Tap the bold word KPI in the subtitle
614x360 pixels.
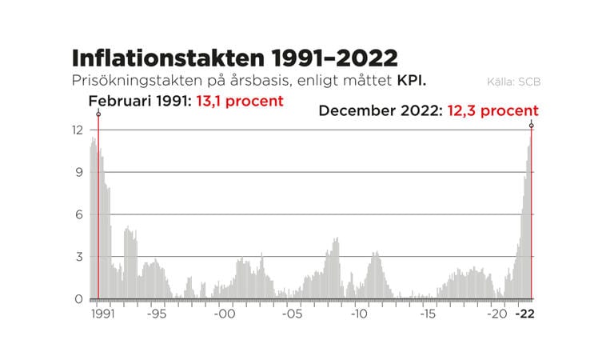point(412,81)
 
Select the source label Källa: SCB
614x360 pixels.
point(511,82)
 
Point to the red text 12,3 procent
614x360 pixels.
point(488,110)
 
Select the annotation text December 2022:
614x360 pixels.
point(376,110)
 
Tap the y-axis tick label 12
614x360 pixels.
point(78,130)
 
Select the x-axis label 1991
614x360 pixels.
point(102,314)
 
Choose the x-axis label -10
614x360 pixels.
point(360,314)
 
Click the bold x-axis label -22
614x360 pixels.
point(524,314)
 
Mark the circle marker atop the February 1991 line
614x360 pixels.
point(98,114)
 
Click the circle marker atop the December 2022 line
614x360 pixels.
point(532,126)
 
